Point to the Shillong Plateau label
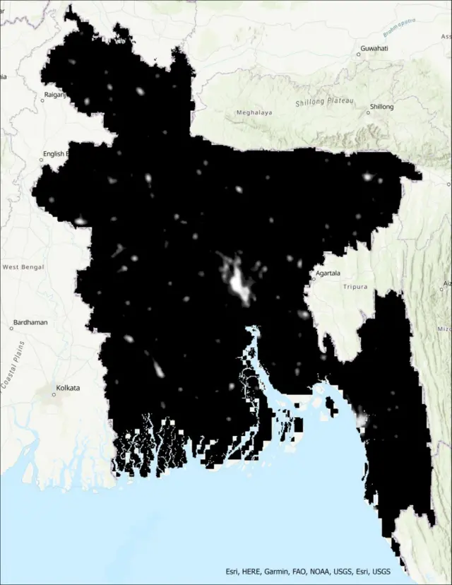[x=325, y=102]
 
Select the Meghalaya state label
[x=254, y=112]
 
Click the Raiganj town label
[x=54, y=93]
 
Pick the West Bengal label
[x=23, y=267]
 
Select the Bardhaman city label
[x=31, y=322]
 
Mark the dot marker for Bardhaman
[x=12, y=328]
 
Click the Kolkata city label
[x=69, y=388]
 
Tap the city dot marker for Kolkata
[x=54, y=394]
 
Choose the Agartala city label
[x=328, y=273]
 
